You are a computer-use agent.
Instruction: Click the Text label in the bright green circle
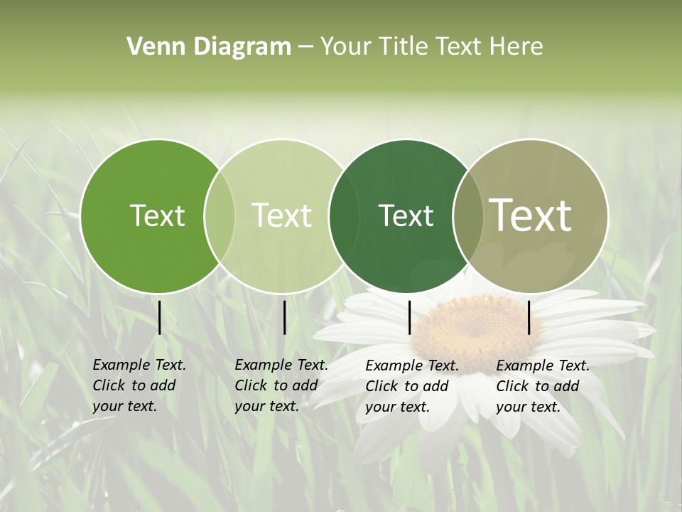157,215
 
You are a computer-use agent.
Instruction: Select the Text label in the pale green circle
282,215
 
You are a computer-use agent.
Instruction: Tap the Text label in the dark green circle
406,215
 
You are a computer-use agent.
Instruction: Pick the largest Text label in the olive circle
531,215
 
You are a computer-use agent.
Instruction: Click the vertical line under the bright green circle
160,317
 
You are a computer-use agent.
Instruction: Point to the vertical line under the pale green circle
284,317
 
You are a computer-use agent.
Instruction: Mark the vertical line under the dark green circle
410,317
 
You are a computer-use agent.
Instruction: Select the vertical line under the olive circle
529,317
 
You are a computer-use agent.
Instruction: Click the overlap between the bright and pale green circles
220,215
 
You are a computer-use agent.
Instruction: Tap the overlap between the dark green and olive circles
465,215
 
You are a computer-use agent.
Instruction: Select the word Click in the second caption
250,385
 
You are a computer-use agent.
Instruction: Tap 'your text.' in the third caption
398,407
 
